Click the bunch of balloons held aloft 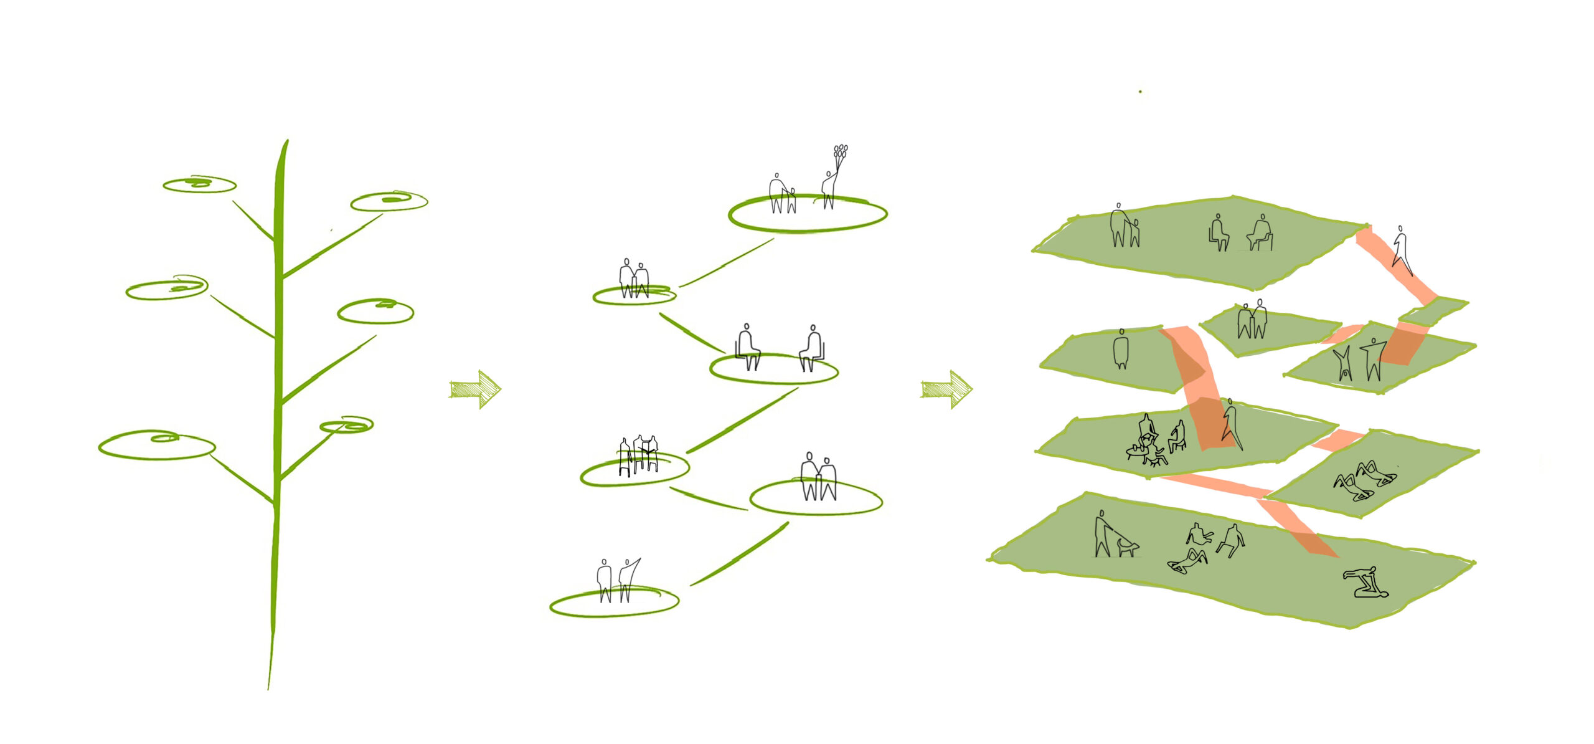click(840, 153)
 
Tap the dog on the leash click(1127, 546)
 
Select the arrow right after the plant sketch click(475, 389)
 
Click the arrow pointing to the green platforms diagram click(946, 389)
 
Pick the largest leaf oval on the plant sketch click(157, 445)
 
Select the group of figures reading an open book click(639, 454)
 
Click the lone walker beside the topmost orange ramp click(1402, 250)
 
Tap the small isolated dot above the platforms click(1140, 92)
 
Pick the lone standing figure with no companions click(1121, 350)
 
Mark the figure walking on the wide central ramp click(1231, 424)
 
